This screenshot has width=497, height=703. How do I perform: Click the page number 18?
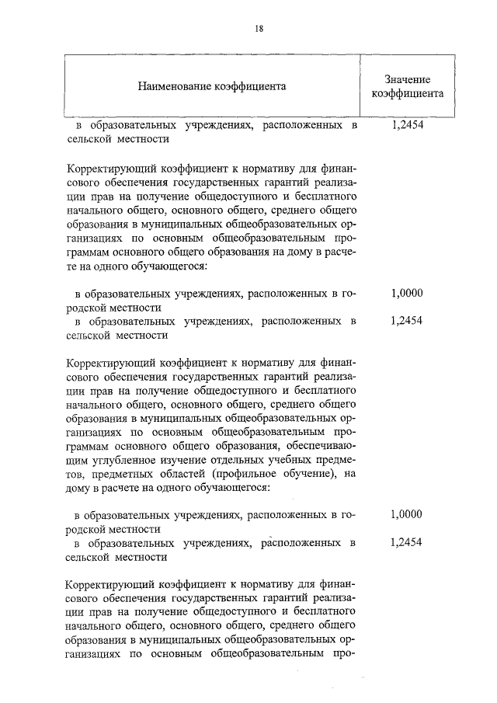(x=259, y=29)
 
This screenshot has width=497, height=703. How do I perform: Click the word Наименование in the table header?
(x=176, y=85)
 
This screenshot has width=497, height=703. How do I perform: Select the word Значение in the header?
(x=407, y=79)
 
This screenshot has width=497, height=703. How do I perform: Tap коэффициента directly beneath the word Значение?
(x=407, y=94)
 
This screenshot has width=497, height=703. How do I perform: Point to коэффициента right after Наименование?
(x=249, y=85)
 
